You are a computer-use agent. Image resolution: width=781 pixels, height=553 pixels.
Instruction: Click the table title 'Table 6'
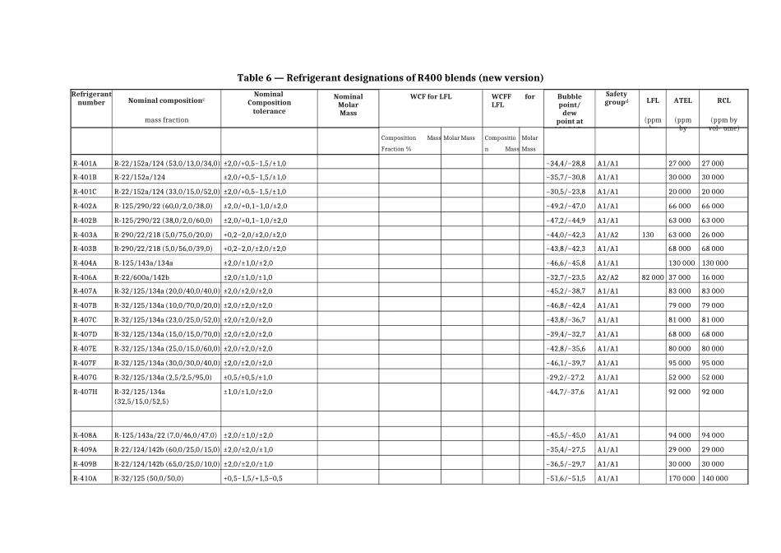pyautogui.click(x=390, y=77)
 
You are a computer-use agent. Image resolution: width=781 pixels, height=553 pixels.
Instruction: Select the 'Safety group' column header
pyautogui.click(x=617, y=99)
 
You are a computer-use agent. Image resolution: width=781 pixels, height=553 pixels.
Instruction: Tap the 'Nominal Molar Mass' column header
pyautogui.click(x=348, y=105)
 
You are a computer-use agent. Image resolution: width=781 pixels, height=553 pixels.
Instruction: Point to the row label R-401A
pyautogui.click(x=85, y=164)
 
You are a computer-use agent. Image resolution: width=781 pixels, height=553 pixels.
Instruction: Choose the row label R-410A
pyautogui.click(x=85, y=478)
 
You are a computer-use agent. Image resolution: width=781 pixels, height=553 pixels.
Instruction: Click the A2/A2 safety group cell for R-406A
pyautogui.click(x=608, y=277)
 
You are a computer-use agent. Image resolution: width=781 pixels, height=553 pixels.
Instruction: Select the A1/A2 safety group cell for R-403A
pyautogui.click(x=608, y=235)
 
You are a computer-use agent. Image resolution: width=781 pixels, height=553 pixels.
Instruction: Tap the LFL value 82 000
pyautogui.click(x=652, y=277)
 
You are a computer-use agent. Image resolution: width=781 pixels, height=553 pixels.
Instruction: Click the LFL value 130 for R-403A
pyautogui.click(x=648, y=235)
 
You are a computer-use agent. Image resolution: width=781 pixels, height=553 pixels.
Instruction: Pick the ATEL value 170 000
pyautogui.click(x=682, y=478)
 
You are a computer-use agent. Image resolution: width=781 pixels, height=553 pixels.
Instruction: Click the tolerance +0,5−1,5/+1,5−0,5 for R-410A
pyautogui.click(x=253, y=478)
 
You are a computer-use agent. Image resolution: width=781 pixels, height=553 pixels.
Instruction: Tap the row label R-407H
pyautogui.click(x=85, y=392)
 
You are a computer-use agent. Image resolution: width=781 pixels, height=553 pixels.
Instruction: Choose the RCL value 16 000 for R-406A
pyautogui.click(x=712, y=277)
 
